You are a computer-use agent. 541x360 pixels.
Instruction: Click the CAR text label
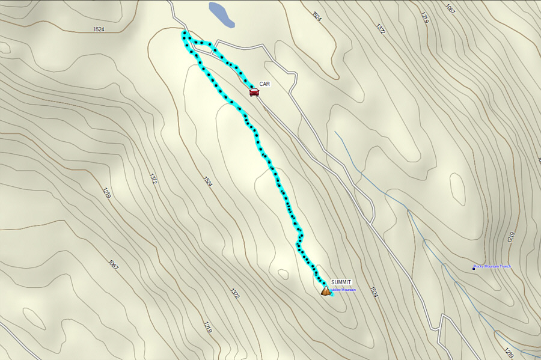click(264, 84)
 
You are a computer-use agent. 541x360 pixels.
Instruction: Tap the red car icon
click(254, 92)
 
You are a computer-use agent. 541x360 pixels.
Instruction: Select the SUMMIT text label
click(341, 282)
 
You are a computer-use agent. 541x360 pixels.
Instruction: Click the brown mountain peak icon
click(326, 291)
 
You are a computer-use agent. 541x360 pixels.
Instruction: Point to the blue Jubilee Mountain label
click(344, 290)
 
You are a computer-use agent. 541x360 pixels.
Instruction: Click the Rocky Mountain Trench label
click(492, 266)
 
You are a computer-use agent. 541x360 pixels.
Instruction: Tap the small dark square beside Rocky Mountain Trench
click(474, 268)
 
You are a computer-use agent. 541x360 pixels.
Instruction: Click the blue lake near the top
click(221, 14)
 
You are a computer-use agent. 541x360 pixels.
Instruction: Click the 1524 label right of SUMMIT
click(374, 292)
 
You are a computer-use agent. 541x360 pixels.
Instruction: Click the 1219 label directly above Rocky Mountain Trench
click(512, 237)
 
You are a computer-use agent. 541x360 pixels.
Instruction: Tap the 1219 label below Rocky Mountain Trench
click(509, 350)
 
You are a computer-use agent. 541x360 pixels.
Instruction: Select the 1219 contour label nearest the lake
click(425, 18)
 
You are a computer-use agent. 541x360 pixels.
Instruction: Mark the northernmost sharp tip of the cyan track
click(184, 32)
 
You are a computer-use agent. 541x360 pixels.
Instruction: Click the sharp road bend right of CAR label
click(296, 74)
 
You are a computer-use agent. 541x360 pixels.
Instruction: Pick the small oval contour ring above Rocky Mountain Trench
click(457, 189)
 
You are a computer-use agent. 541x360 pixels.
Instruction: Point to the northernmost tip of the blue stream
click(335, 132)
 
